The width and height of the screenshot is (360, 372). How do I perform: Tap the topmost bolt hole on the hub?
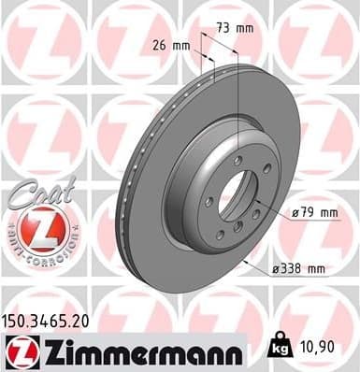pyautogui.click(x=238, y=161)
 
